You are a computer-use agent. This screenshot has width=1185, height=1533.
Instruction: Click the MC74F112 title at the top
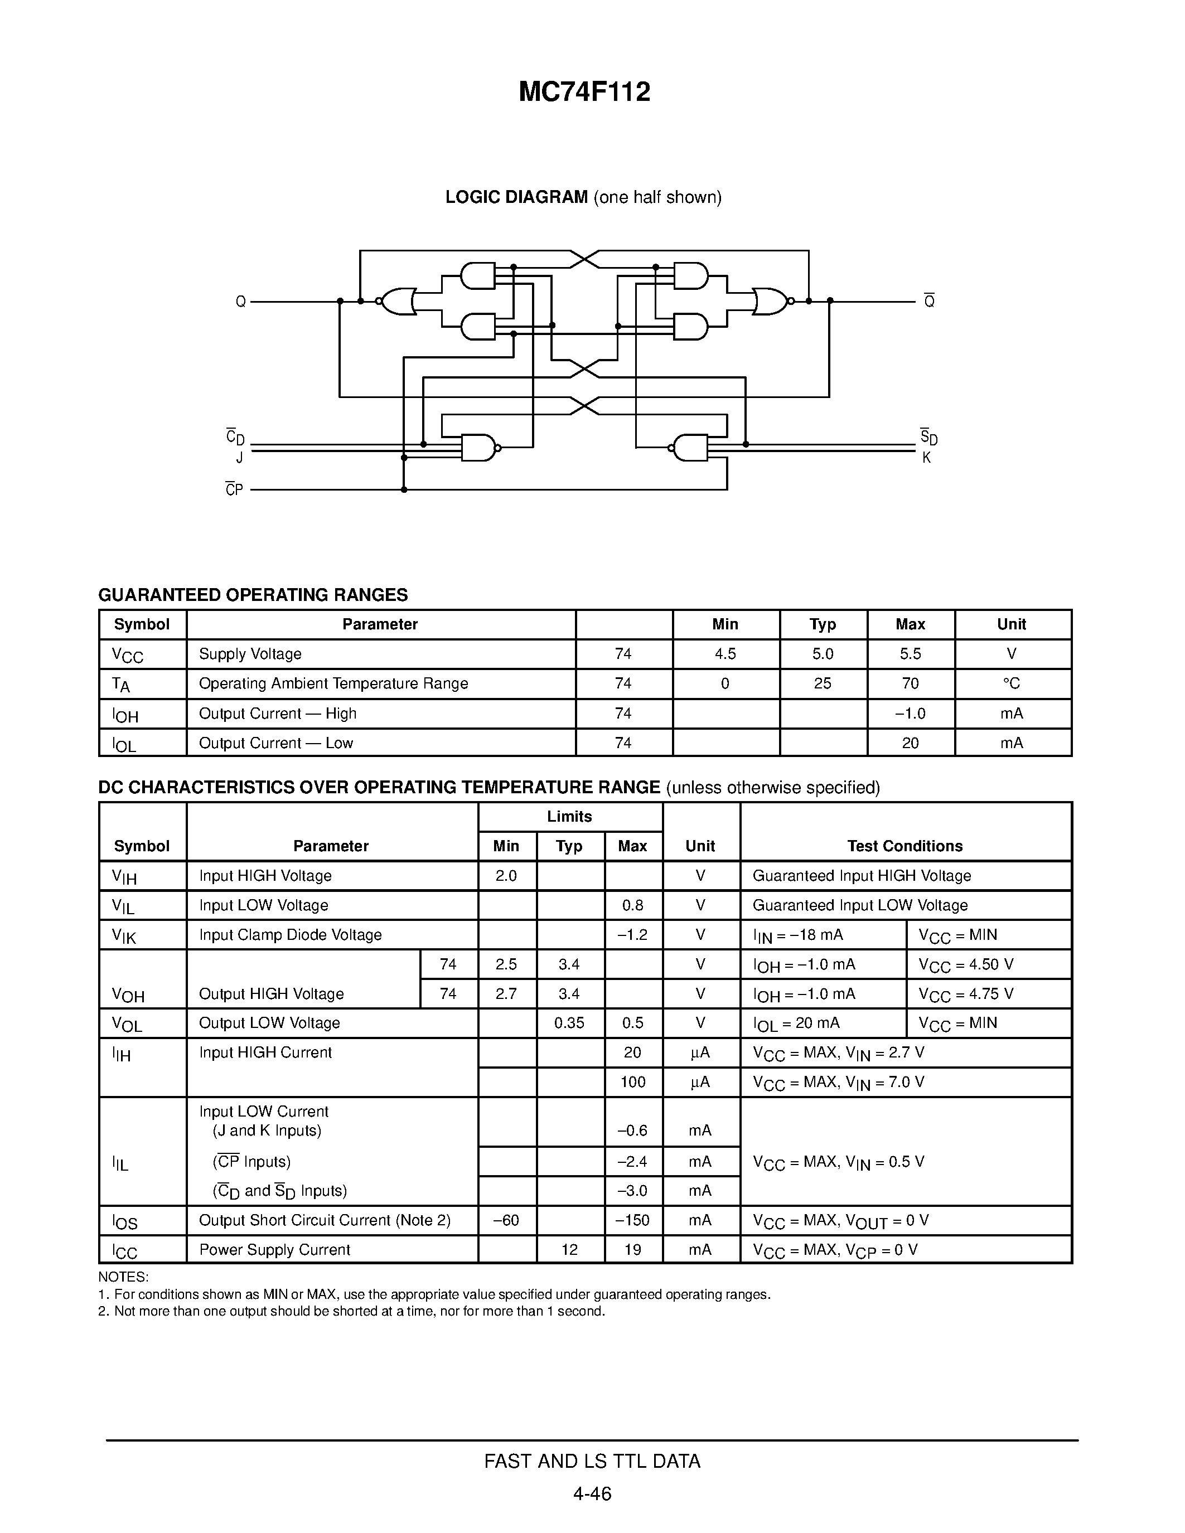(x=584, y=92)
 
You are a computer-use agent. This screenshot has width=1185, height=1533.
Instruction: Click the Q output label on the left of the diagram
(x=241, y=302)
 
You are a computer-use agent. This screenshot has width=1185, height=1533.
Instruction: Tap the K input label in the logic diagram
(x=927, y=458)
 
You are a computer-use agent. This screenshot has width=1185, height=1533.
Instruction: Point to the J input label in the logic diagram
(x=239, y=458)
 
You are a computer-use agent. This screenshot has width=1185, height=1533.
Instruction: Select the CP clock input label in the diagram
(x=234, y=489)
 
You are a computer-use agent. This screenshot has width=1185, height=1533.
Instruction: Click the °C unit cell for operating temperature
(x=1012, y=683)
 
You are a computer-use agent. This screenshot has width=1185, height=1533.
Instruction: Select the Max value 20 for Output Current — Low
(x=910, y=743)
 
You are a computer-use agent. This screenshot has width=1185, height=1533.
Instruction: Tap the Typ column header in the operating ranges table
(x=822, y=624)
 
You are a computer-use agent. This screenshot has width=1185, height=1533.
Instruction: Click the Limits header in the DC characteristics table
(x=569, y=816)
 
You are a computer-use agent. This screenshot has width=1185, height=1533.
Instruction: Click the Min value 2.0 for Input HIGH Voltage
(x=506, y=875)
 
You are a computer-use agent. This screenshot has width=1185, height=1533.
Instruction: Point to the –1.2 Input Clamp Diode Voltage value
(x=632, y=934)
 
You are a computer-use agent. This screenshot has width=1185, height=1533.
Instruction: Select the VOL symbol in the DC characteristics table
(x=127, y=1024)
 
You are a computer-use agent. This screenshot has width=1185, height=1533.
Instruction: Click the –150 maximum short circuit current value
(x=632, y=1220)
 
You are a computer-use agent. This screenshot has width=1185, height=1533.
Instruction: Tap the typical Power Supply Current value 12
(x=569, y=1249)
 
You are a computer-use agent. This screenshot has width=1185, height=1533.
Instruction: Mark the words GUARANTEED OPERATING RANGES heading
(x=253, y=595)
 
